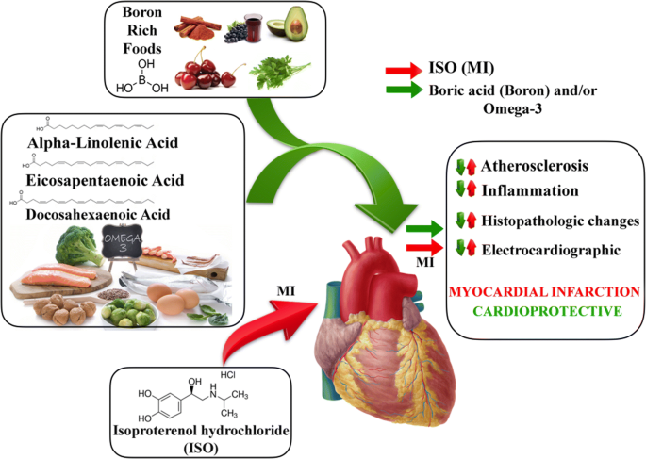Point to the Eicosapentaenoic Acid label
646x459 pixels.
(x=106, y=179)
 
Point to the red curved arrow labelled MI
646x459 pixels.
(x=260, y=325)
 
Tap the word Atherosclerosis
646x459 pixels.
(x=535, y=167)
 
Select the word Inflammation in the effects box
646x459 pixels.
(x=528, y=189)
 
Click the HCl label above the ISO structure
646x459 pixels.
(x=215, y=376)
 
